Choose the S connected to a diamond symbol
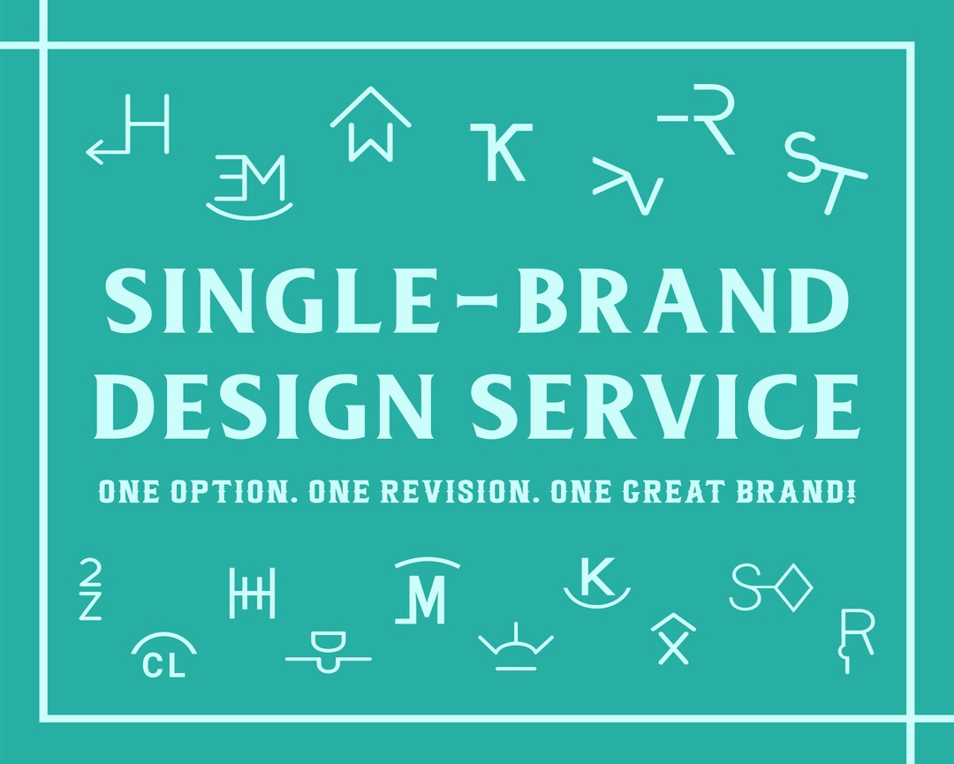(771, 587)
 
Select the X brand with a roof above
(673, 639)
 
